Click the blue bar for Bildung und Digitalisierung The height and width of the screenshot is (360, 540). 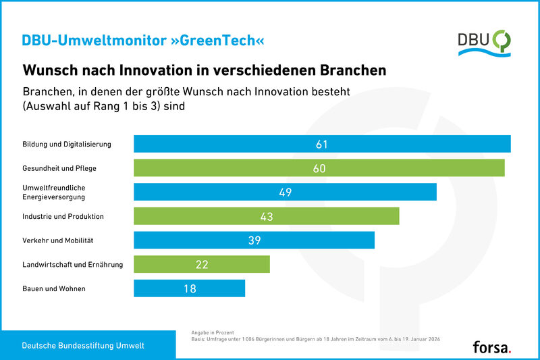tap(322, 144)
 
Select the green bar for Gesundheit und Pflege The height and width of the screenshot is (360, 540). tap(319, 168)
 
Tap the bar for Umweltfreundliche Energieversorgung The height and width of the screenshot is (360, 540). tap(285, 192)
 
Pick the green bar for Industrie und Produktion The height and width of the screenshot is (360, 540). tap(267, 216)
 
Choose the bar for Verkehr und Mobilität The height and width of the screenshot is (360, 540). tap(254, 240)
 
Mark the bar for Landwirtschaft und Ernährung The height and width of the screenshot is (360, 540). tap(202, 264)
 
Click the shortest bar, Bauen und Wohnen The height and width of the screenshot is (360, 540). tap(189, 288)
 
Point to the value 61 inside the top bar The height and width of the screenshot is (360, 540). tap(322, 144)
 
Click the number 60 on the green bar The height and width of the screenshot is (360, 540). tap(319, 168)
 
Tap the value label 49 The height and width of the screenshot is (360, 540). tap(285, 192)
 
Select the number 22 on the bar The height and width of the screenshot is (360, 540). tap(202, 264)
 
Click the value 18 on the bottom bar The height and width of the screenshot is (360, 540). tap(189, 288)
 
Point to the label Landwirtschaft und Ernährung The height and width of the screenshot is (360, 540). tap(73, 265)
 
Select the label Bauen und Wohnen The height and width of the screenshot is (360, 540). tap(54, 289)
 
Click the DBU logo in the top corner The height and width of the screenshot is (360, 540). tap(483, 41)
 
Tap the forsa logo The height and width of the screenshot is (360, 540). tap(492, 346)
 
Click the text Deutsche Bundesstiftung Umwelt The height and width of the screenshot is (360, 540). tap(83, 346)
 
